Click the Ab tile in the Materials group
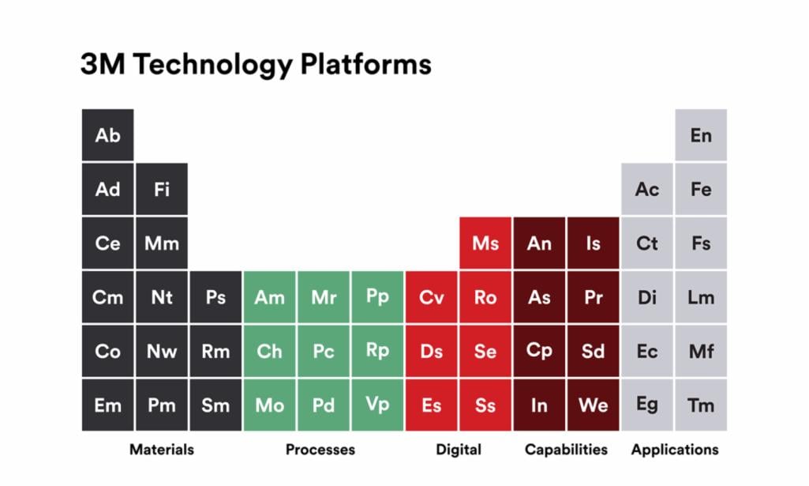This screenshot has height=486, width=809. click(107, 135)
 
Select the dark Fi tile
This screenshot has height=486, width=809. click(161, 190)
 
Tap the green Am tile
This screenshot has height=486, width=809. click(269, 297)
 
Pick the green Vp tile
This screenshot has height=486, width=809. click(377, 405)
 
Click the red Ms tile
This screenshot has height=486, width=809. click(485, 243)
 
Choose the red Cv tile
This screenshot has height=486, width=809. click(431, 297)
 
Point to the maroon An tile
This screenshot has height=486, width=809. click(539, 243)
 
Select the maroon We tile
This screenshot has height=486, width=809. click(593, 405)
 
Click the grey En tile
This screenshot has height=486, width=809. click(701, 135)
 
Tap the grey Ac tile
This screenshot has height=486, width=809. click(647, 190)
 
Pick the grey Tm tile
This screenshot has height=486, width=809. click(701, 405)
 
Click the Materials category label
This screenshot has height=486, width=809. click(162, 450)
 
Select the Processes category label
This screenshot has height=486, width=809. click(320, 450)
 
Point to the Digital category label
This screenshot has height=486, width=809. click(459, 450)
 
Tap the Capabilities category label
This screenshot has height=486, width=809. click(566, 450)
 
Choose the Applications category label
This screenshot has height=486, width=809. click(675, 450)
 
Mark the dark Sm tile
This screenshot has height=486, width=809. click(215, 405)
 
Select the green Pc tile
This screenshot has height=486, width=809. click(324, 351)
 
